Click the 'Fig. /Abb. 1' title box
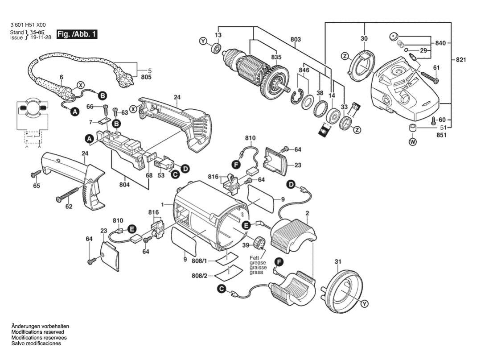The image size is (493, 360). point(77,34)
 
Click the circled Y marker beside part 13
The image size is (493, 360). point(204,41)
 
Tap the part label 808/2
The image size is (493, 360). point(199,276)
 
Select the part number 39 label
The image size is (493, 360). point(245,244)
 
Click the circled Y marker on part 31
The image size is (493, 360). point(365,304)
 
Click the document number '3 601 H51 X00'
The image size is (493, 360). point(27,25)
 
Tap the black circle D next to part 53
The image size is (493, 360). point(185,168)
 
